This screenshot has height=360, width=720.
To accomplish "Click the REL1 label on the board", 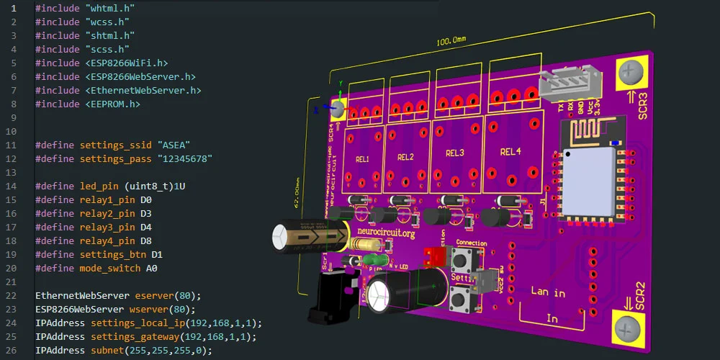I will [361, 159].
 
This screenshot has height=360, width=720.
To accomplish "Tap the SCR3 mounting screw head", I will [631, 71].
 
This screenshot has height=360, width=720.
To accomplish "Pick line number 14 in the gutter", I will [14, 186].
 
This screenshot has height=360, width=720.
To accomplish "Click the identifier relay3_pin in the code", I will [107, 228].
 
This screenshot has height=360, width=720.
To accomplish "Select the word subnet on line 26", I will [107, 351].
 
